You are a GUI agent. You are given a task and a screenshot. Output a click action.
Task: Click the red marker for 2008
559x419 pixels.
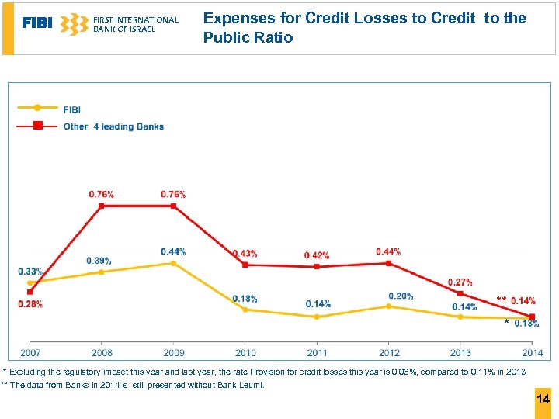(x=102, y=206)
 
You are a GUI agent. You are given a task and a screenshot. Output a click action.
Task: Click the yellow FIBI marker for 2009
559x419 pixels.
(x=173, y=263)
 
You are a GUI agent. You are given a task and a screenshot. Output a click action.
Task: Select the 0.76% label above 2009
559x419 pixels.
(x=173, y=194)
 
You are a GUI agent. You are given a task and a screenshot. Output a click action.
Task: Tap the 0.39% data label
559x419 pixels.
(x=99, y=260)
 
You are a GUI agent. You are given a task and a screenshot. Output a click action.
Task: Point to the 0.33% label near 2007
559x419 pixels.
(x=30, y=271)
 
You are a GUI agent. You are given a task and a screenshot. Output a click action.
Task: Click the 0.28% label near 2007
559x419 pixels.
(x=30, y=304)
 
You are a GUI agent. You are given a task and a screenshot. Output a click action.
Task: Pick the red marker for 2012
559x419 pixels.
(x=389, y=263)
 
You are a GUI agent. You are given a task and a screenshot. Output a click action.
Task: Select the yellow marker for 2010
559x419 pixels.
(x=245, y=309)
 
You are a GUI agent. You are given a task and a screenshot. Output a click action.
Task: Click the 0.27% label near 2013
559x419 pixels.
(x=460, y=282)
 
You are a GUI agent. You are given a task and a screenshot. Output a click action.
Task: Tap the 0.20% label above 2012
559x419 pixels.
(x=401, y=296)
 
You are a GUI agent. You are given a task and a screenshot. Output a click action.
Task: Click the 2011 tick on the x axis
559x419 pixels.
(x=317, y=353)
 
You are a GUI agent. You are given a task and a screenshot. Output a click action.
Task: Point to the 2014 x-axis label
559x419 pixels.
(x=532, y=353)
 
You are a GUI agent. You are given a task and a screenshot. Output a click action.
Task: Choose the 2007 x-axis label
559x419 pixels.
(x=30, y=353)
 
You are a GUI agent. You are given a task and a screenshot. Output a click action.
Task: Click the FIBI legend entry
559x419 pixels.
(x=71, y=109)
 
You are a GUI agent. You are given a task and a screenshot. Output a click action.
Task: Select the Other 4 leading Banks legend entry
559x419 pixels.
(x=113, y=126)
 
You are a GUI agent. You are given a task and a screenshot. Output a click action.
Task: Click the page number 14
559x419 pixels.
(x=543, y=400)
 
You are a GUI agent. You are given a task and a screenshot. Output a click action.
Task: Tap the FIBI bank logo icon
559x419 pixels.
(x=74, y=24)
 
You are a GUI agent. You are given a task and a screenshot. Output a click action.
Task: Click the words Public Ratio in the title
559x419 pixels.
(x=248, y=37)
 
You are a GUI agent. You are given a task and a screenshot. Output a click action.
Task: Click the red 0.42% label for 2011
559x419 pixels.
(x=317, y=255)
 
